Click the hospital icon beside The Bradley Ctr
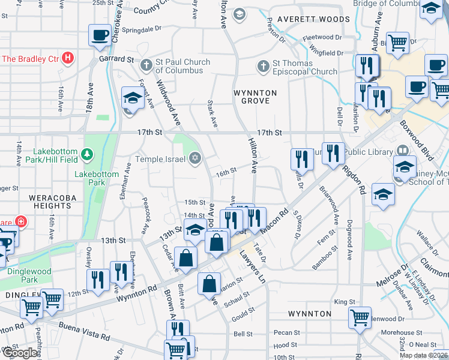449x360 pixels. point(68,59)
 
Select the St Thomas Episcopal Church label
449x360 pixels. point(305,67)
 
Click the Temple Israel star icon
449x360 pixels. point(194,159)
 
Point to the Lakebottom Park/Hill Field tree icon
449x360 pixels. point(88,155)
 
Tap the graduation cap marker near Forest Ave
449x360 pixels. point(132,97)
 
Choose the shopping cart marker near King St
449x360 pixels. point(360,317)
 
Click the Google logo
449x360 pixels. point(20,353)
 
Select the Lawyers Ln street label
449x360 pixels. point(252,268)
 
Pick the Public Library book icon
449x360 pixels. point(402,151)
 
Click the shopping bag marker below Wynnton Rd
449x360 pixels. point(210,286)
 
